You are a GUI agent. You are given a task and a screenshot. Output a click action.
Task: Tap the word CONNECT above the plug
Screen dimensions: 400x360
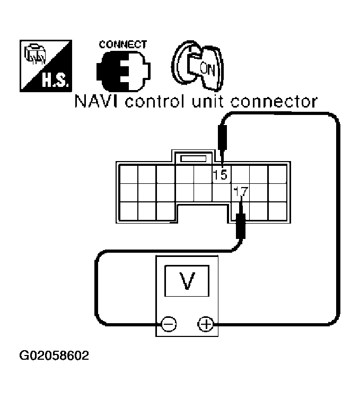coord(122,45)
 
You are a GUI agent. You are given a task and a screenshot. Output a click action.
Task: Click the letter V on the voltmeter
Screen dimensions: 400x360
coord(186,281)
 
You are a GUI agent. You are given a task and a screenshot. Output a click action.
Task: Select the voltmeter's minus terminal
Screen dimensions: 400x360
coord(169,324)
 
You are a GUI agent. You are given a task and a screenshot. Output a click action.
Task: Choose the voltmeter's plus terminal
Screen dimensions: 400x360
coord(205,323)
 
